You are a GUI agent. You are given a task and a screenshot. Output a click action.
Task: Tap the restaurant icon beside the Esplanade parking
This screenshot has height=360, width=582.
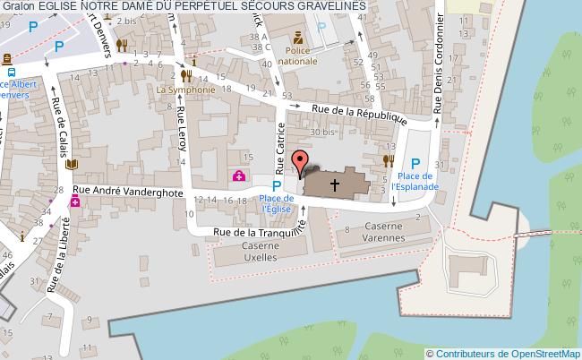pos(388,160)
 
